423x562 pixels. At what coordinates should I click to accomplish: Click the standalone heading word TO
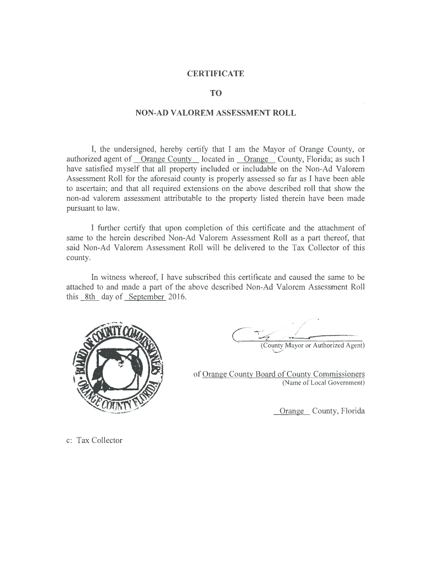click(216, 93)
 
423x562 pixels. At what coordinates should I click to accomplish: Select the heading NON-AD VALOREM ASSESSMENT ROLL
click(216, 114)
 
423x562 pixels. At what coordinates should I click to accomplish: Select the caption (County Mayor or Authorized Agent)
click(312, 345)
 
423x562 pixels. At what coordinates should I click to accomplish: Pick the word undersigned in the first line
click(134, 149)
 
